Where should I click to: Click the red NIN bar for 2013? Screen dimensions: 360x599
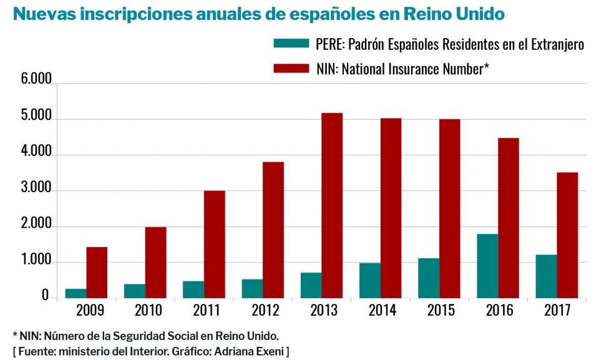tap(332, 205)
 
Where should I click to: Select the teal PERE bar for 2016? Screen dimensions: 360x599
tap(488, 266)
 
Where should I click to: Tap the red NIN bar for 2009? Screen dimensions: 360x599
tap(97, 272)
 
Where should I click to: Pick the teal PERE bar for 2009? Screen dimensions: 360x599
tap(76, 293)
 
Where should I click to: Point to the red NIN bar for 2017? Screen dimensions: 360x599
tap(567, 235)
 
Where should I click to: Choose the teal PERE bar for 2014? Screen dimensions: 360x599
tap(370, 280)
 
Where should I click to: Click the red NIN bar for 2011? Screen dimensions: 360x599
tap(214, 244)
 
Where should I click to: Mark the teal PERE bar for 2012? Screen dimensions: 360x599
tap(252, 288)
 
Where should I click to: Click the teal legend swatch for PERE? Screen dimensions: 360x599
tap(291, 44)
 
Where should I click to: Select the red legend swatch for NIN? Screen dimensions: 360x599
tap(291, 68)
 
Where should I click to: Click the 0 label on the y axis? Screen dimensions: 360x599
tap(45, 297)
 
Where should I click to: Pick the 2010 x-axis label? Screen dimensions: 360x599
tap(148, 310)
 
